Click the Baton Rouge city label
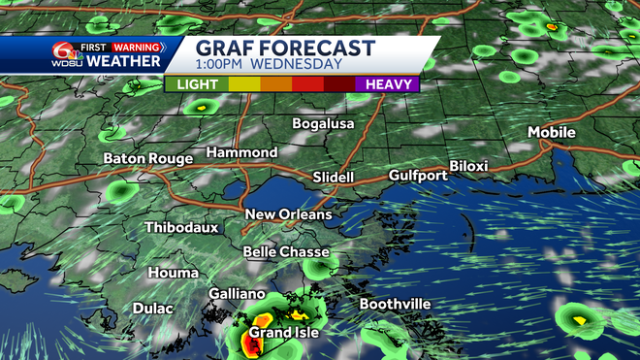147,157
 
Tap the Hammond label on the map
241,153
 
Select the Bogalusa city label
324,124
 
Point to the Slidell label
336,177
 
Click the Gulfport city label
418,176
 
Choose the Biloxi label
468,166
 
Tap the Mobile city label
552,133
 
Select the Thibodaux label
181,228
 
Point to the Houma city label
174,274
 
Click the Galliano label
237,294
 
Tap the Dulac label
151,309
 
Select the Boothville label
395,305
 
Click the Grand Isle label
283,334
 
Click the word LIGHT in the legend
197,84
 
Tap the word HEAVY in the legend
392,84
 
